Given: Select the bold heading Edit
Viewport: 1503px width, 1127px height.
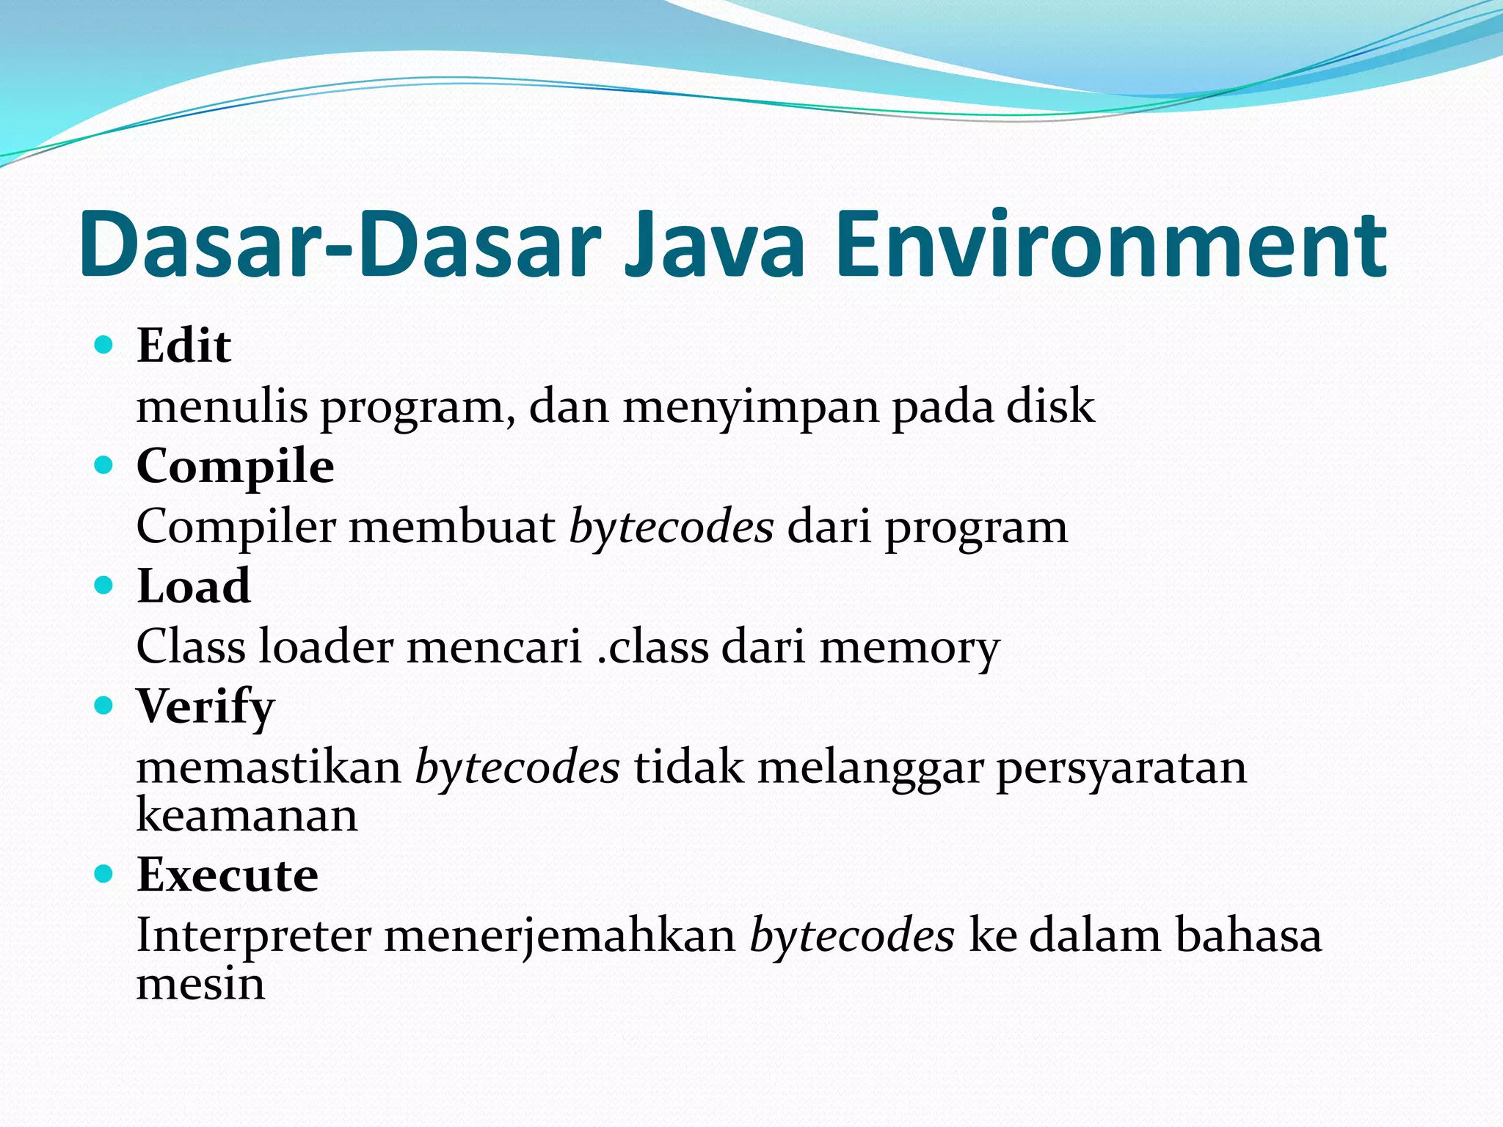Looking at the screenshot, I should pyautogui.click(x=183, y=346).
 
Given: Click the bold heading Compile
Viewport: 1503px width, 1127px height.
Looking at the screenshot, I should pyautogui.click(x=235, y=467).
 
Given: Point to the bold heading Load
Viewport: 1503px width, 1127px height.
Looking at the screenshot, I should pyautogui.click(x=194, y=586).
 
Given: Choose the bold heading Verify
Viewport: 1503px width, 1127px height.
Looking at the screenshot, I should pyautogui.click(x=205, y=707).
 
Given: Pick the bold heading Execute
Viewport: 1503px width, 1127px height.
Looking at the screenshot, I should pyautogui.click(x=228, y=875).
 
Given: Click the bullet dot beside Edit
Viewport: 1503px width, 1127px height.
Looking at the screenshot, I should pyautogui.click(x=104, y=344).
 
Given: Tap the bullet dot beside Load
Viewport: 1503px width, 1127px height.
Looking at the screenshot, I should pyautogui.click(x=104, y=585).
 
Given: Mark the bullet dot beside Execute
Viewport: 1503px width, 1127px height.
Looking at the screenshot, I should pyautogui.click(x=104, y=873).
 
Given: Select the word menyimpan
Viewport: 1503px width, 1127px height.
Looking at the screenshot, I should pyautogui.click(x=750, y=408).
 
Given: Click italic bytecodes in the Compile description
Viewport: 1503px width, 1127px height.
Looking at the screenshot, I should pyautogui.click(x=671, y=527).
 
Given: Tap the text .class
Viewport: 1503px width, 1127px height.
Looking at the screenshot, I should pyautogui.click(x=652, y=646).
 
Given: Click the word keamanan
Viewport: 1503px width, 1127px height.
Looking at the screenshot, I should pyautogui.click(x=247, y=815).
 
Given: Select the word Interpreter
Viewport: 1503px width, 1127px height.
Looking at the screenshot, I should pyautogui.click(x=253, y=936).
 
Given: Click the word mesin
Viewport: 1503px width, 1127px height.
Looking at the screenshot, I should pyautogui.click(x=200, y=984).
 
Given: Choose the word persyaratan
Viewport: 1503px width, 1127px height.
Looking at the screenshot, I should pyautogui.click(x=1121, y=769).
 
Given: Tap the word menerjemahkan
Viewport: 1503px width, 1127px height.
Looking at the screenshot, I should pyautogui.click(x=560, y=936).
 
